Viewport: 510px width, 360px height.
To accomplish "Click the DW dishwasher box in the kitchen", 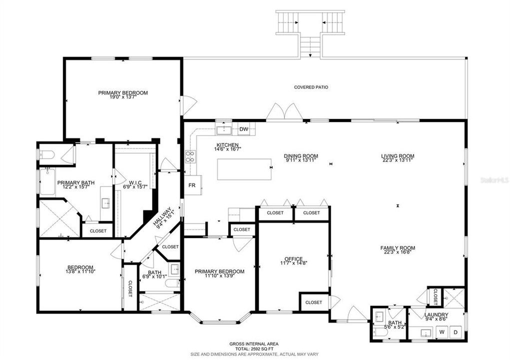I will [x=244, y=129].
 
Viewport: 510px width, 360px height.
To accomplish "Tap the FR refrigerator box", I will [x=191, y=184].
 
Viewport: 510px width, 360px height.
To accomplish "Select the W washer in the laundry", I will [x=442, y=331].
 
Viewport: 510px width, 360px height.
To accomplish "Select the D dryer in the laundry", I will [x=455, y=331].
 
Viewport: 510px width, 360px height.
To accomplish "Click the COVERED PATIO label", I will [x=311, y=87].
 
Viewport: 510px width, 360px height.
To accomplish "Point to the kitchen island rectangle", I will [x=245, y=169].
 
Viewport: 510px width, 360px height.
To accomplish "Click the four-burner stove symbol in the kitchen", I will [x=190, y=156].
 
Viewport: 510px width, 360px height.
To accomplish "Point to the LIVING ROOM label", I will [x=398, y=155].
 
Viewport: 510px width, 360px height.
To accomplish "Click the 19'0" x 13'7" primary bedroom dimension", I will [x=123, y=98].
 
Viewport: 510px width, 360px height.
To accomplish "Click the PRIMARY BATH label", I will [x=76, y=182].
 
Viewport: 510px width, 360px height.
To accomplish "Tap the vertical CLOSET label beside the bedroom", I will [x=130, y=289].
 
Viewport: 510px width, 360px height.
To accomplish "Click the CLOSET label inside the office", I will [x=314, y=302].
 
